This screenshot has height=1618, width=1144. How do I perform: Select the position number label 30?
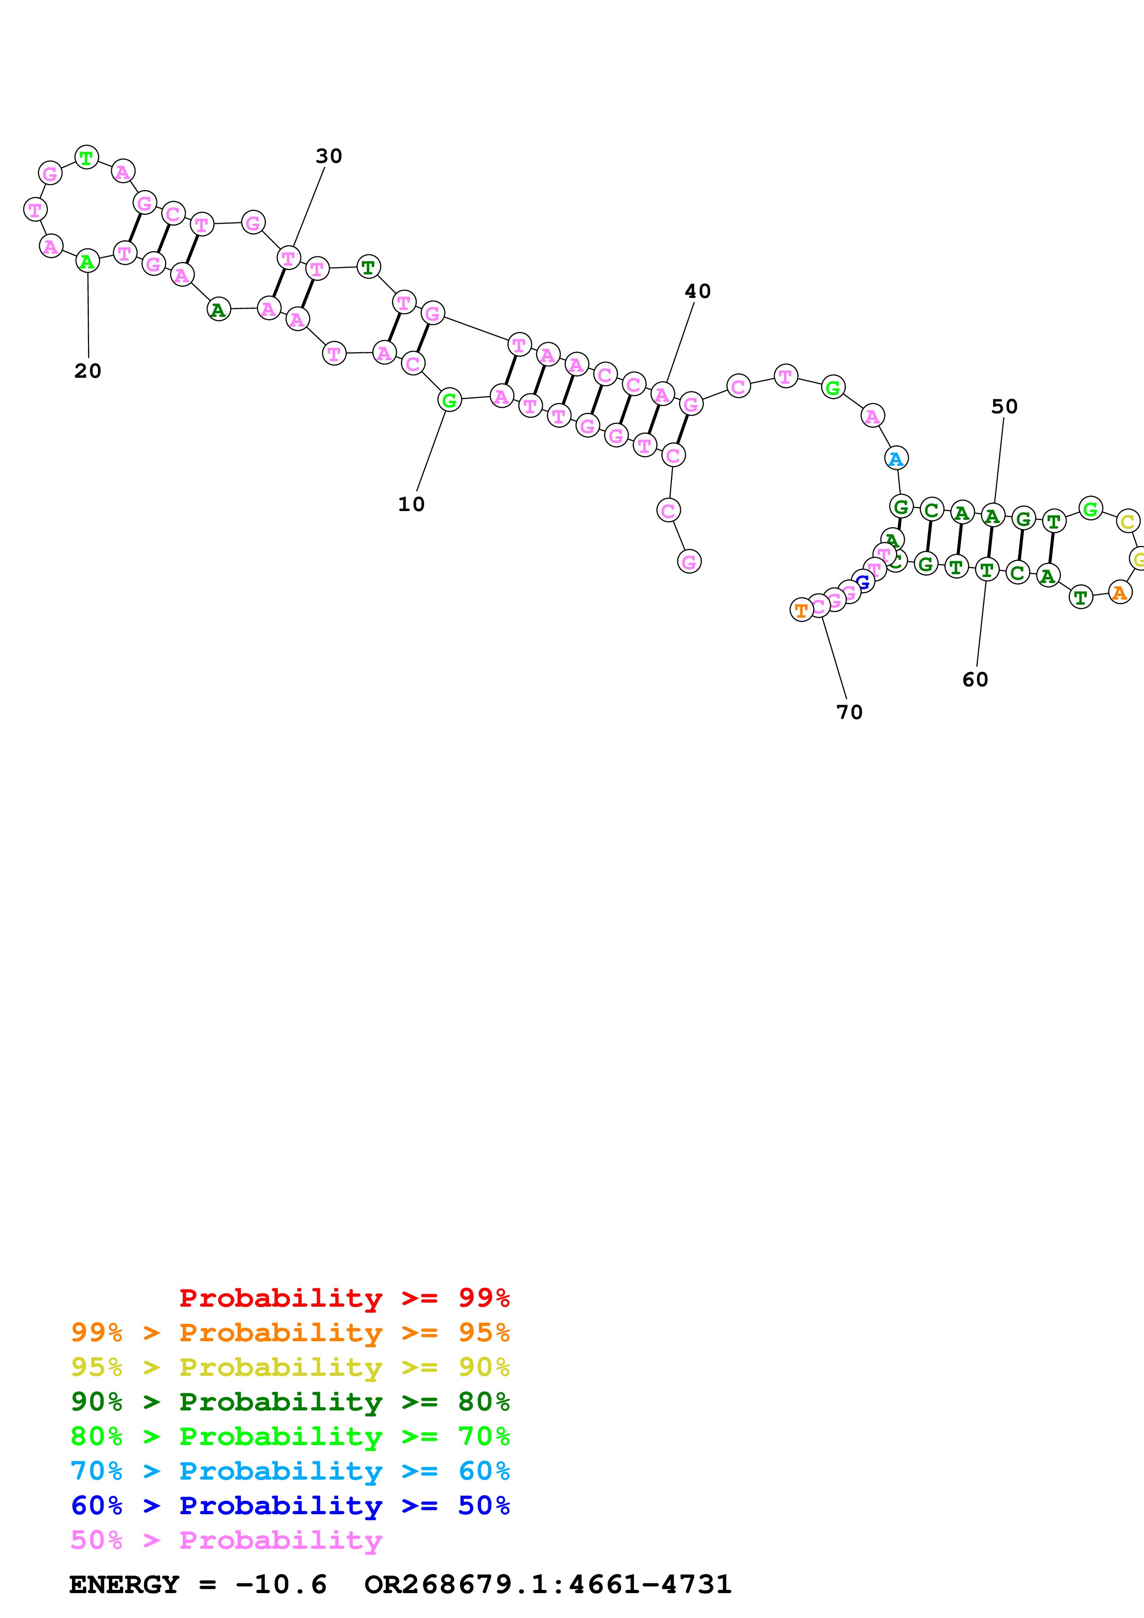click(x=329, y=156)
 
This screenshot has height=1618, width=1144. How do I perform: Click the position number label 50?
click(x=1005, y=407)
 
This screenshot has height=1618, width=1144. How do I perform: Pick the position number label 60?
click(x=976, y=680)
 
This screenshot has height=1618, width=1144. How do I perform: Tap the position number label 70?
click(x=850, y=713)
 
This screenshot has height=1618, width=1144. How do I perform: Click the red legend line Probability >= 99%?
click(x=344, y=1298)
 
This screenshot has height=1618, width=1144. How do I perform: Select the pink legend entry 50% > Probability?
click(x=226, y=1541)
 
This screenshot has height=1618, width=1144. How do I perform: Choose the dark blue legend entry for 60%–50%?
click(x=290, y=1506)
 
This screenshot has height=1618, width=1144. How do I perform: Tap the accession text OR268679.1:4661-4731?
click(x=548, y=1585)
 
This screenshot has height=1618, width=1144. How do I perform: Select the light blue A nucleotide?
click(x=896, y=459)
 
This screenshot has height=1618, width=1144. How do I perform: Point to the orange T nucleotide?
click(x=802, y=610)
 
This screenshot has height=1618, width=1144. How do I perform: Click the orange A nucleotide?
click(x=1120, y=593)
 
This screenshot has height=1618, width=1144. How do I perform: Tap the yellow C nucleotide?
click(x=1128, y=522)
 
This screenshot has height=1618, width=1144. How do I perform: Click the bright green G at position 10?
click(x=449, y=400)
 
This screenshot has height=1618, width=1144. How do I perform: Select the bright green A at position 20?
click(x=87, y=262)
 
